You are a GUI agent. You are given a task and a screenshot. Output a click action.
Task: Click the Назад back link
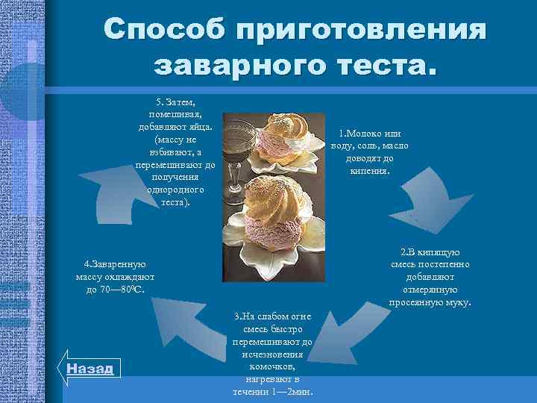tap(89, 369)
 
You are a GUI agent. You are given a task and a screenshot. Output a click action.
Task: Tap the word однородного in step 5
tap(175, 190)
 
